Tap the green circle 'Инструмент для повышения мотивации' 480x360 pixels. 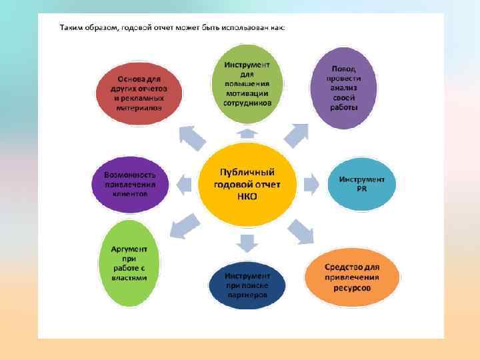pos(246,83)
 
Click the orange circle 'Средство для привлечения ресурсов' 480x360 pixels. pos(352,277)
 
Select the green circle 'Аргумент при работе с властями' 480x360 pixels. pos(133,263)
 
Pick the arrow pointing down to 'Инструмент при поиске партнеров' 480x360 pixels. pos(247,243)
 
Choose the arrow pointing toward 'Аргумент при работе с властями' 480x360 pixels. pos(184,225)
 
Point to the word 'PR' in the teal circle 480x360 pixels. pos(361,189)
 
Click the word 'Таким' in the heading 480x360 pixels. pos(71,28)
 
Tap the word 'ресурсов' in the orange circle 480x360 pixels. pos(352,288)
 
